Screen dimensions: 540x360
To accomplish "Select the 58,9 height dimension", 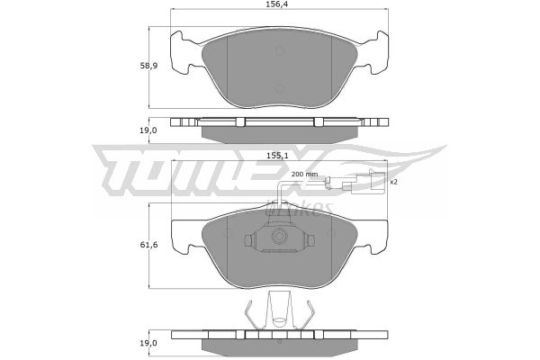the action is click(148, 66).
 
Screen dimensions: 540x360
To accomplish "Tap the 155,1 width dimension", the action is click(277, 156).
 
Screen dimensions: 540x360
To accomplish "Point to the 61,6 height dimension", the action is click(148, 245).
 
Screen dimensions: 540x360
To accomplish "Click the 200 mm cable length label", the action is click(304, 175).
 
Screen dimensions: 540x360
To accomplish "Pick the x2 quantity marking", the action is click(393, 182).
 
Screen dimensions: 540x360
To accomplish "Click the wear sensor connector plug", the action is click(365, 181).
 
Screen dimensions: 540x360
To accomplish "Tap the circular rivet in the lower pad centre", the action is click(279, 236).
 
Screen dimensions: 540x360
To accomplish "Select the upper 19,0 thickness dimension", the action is click(148, 130).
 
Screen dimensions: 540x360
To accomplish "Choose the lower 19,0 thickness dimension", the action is click(148, 343).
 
